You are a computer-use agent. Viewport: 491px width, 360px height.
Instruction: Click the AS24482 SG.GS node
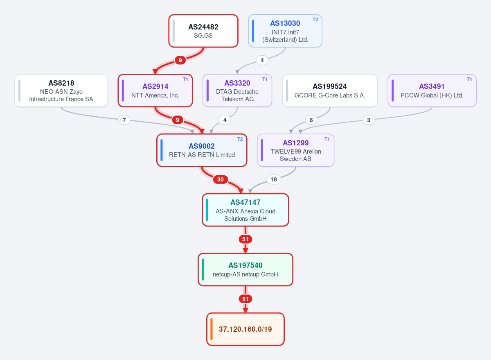click(x=203, y=31)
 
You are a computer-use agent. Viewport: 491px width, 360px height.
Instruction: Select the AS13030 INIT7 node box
click(x=285, y=31)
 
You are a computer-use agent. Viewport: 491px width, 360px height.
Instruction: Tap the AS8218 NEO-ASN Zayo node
click(x=61, y=91)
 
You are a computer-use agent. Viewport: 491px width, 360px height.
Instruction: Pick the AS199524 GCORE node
click(x=330, y=91)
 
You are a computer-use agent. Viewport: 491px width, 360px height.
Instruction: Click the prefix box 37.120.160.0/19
click(x=245, y=329)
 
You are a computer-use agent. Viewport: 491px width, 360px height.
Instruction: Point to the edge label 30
click(x=220, y=179)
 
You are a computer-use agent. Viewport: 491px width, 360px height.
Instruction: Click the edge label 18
click(x=274, y=179)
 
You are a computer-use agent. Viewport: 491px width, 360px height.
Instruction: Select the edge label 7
click(x=124, y=120)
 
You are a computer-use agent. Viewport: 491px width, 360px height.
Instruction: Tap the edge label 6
click(x=311, y=120)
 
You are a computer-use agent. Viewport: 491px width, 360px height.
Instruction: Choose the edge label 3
click(x=369, y=120)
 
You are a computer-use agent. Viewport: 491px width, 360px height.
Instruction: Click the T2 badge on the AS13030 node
click(x=315, y=20)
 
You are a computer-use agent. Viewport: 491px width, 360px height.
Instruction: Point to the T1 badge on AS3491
click(x=469, y=79)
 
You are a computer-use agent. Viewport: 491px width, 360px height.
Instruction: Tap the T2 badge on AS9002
click(x=240, y=139)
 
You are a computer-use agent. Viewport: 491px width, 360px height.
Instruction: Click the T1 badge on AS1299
click(x=327, y=139)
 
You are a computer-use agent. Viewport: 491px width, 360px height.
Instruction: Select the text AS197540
click(x=245, y=265)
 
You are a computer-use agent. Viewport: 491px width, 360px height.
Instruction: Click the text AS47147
click(x=245, y=202)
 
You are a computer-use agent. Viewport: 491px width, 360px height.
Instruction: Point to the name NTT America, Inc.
click(x=155, y=95)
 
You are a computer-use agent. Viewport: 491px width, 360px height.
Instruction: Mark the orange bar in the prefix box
click(x=212, y=329)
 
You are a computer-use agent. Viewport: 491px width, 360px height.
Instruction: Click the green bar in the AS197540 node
click(x=203, y=269)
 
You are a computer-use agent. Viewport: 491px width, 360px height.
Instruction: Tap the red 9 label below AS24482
click(x=180, y=60)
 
